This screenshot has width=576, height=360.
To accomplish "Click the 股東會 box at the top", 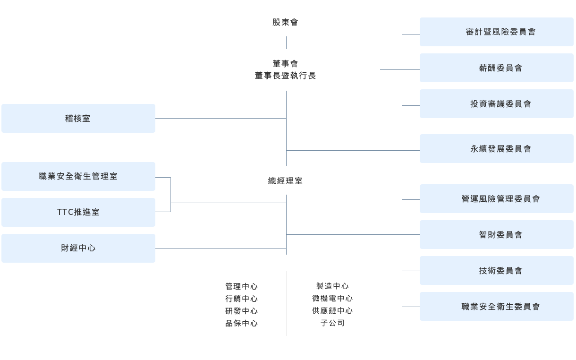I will click(286, 22).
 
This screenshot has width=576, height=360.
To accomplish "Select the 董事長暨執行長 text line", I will click(286, 76).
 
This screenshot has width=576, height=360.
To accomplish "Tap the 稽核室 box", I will click(78, 118).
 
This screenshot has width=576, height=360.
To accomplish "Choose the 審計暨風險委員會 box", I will click(496, 32).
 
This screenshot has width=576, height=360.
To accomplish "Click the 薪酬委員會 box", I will click(496, 68).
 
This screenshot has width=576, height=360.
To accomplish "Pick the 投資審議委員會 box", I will click(496, 104).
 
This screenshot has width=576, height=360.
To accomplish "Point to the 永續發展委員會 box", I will click(496, 149).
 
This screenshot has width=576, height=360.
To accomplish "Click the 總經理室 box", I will click(286, 180).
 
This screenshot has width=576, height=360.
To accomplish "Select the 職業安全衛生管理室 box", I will click(78, 176).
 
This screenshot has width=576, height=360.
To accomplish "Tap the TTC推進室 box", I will click(78, 212).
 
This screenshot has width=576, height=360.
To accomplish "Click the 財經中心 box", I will click(78, 248).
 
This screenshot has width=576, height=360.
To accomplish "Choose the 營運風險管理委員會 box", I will click(496, 199).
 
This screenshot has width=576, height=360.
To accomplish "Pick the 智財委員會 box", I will click(496, 235).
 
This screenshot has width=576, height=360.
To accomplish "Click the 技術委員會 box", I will click(496, 271).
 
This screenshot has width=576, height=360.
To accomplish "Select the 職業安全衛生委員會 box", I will click(496, 307).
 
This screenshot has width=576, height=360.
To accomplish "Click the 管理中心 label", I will click(241, 286).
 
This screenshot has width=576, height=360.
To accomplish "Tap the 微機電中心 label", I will click(332, 299).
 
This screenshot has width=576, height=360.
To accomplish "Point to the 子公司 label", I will click(332, 324).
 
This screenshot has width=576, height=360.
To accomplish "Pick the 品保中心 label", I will click(241, 324).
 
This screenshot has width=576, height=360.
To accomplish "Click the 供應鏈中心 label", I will click(332, 311).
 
